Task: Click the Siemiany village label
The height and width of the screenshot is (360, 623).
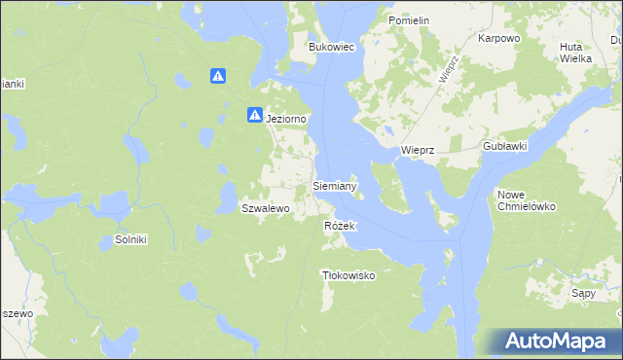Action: coord(335,185)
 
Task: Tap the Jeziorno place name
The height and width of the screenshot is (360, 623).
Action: coord(287,119)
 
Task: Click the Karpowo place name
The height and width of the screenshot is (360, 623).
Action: coord(499,39)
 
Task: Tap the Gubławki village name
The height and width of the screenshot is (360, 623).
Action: coord(504,146)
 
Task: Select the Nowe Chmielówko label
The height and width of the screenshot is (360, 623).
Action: coord(526,200)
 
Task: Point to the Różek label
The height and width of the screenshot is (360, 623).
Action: coord(341,226)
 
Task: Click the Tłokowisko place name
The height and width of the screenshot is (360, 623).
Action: coord(348,275)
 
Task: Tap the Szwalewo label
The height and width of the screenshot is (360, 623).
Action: coord(266,208)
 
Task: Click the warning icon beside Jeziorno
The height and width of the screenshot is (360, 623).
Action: coord(254,115)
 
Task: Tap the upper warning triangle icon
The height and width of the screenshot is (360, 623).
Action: coord(219,76)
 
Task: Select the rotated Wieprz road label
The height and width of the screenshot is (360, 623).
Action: coord(448,71)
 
